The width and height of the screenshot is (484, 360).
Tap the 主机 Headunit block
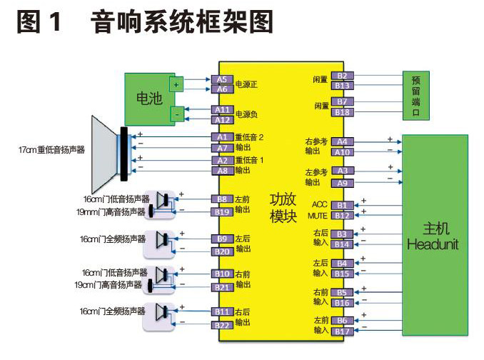tap(435, 236)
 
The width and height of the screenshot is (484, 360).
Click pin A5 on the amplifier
tap(222, 79)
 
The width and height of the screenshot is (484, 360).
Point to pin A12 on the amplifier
tap(222, 119)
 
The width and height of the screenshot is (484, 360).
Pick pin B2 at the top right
tap(342, 76)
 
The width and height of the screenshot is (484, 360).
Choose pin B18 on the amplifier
tap(342, 112)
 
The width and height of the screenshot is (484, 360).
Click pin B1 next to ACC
tap(342, 205)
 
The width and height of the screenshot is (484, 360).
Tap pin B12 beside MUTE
tap(342, 215)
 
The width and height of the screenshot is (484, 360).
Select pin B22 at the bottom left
tap(222, 326)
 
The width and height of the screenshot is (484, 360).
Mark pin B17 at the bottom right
tap(342, 331)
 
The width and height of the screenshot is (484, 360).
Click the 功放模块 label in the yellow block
tap(283, 207)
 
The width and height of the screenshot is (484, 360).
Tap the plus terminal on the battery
tap(177, 84)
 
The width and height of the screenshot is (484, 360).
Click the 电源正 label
tap(246, 85)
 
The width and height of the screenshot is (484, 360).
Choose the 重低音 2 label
tap(250, 137)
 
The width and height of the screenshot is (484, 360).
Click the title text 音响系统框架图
tap(182, 23)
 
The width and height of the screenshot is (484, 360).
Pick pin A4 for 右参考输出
tap(342, 141)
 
